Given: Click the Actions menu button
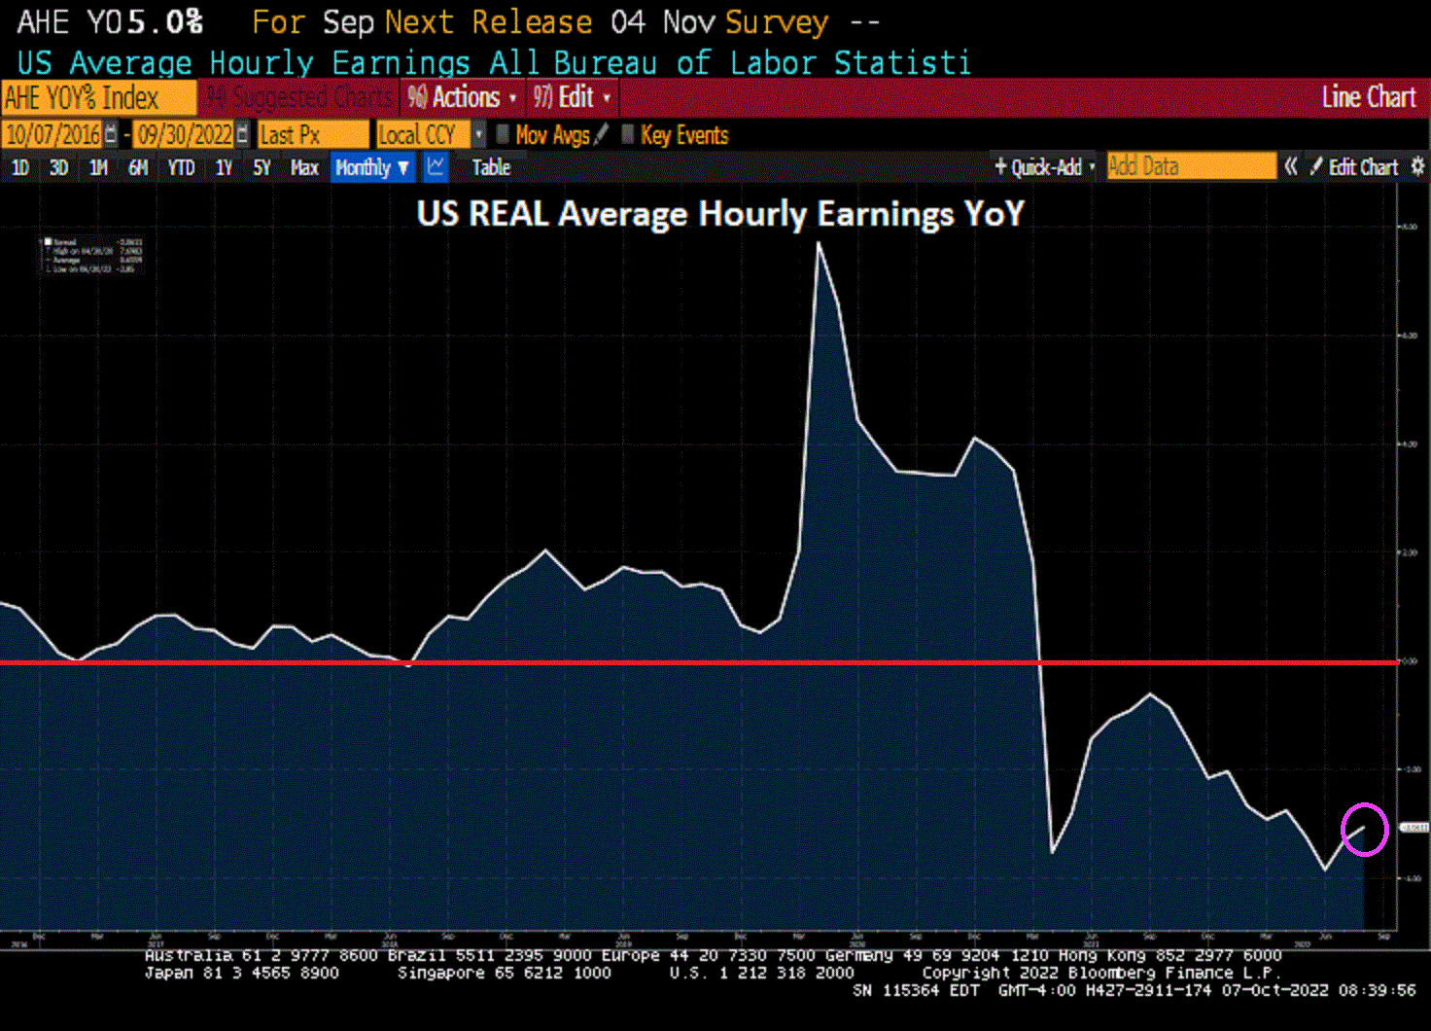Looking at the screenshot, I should coord(463,97).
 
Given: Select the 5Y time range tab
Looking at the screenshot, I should coord(262,167).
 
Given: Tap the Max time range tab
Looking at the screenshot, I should coord(304,167).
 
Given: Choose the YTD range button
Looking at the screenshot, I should coord(181,167).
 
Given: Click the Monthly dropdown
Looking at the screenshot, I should coord(372,167).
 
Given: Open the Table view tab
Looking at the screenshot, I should coord(491,167).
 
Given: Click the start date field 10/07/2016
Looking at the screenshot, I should coord(53,134).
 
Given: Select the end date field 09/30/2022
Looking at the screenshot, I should coord(185,134).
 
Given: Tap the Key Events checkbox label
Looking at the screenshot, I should coord(684,135).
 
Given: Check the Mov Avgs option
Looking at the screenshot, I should coord(551,135).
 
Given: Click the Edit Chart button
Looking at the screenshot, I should coord(1362,167).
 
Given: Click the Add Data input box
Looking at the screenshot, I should coord(1191,166).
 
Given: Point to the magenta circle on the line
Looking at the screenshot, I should coord(1364,829).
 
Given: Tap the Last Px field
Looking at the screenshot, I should coord(311,134).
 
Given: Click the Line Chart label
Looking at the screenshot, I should coord(1368,97).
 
